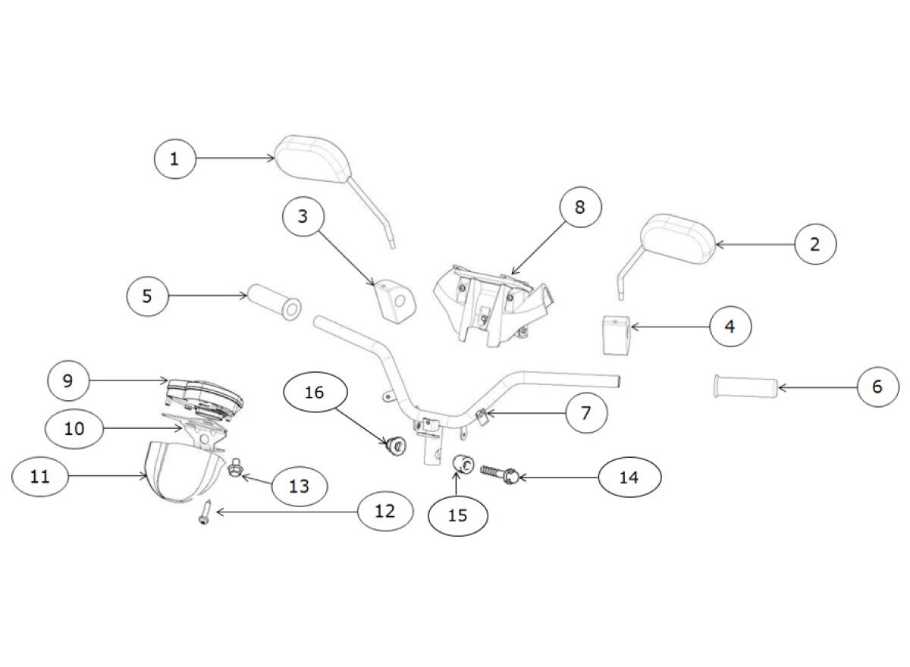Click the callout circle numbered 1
click(x=174, y=158)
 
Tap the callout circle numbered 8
click(x=580, y=207)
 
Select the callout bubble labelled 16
click(x=315, y=392)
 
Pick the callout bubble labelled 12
click(x=384, y=510)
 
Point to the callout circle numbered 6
click(x=877, y=387)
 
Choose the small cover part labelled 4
click(x=617, y=336)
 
